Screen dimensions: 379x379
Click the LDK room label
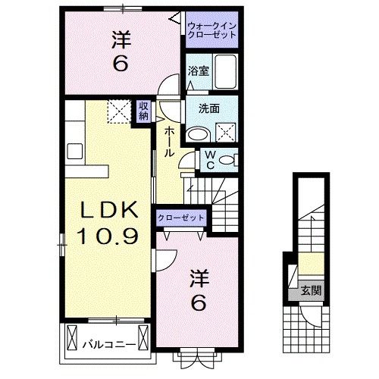point(106,210)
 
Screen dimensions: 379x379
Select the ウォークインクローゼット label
point(212,31)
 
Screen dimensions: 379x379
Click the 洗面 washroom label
point(209,108)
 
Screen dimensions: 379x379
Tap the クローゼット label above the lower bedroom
point(182,218)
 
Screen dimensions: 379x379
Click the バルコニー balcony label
point(109,346)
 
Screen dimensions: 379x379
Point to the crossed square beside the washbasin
point(227,133)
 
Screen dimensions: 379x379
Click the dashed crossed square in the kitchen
point(118,111)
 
